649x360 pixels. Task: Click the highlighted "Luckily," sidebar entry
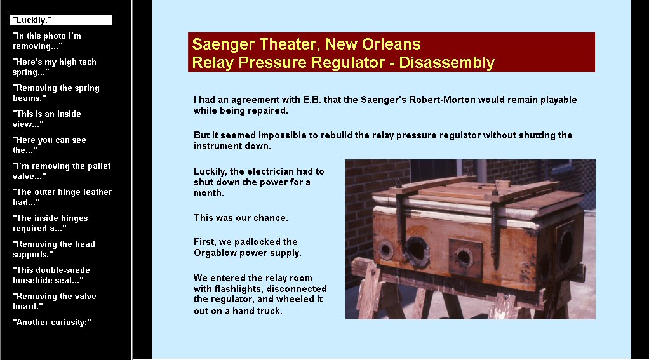coord(61,20)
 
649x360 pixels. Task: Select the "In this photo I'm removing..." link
coord(47,41)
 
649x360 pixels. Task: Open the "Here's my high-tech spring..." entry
coord(54,67)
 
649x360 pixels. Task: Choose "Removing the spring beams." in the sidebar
coord(56,93)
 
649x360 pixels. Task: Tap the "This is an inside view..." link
coord(47,119)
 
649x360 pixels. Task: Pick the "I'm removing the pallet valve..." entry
coord(62,171)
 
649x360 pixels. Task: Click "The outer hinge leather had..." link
coord(62,197)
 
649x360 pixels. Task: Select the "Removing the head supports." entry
coord(54,249)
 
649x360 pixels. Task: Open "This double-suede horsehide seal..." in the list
coord(51,275)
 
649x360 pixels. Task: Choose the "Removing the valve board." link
coord(54,301)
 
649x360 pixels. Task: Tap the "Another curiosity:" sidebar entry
coord(51,323)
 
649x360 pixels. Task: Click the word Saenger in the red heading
coord(220,44)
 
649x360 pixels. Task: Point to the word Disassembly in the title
coord(446,62)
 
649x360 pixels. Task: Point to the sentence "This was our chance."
coord(241,218)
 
